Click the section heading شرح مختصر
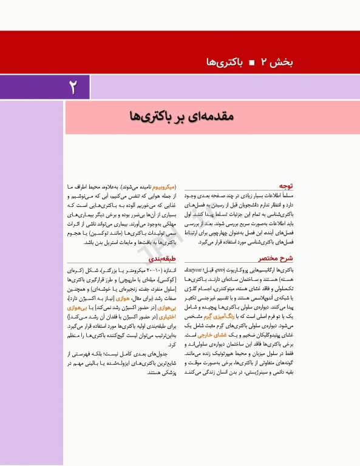[x=279, y=257]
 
